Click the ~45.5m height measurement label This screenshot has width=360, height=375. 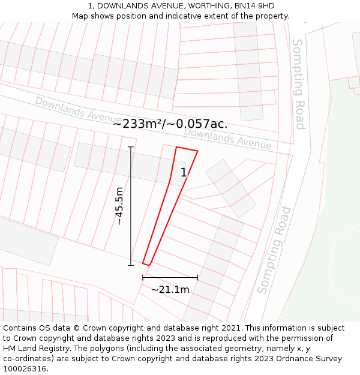coord(119,206)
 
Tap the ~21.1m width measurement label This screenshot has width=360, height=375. coord(170,290)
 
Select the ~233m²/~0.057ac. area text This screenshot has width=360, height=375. coord(170,124)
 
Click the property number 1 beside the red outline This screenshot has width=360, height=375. coord(184,173)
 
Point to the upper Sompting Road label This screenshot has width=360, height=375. coord(298,84)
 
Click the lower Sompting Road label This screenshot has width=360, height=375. coord(274,250)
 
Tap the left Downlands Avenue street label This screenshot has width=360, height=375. coord(78,110)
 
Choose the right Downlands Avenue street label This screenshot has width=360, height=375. coord(227,139)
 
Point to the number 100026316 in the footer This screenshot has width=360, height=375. coord(25,369)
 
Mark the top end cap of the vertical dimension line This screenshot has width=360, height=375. coord(130,147)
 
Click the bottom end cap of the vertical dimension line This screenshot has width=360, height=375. coord(130,265)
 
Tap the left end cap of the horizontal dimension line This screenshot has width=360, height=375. coord(143,277)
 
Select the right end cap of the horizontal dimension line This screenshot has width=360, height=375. coord(197,277)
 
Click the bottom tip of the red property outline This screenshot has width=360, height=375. coord(146,263)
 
